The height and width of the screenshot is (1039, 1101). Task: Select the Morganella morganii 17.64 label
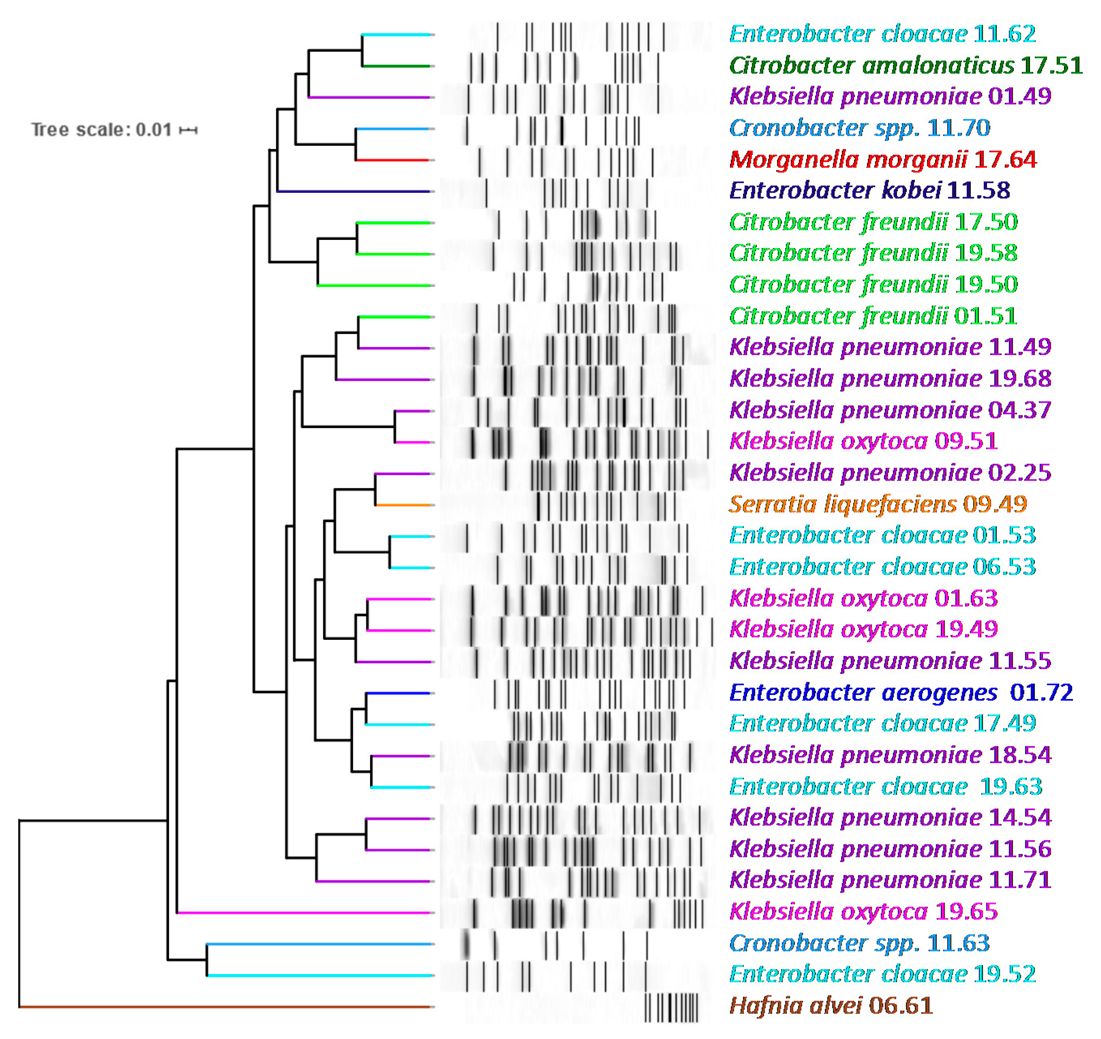click(882, 160)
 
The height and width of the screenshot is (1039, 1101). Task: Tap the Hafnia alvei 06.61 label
click(831, 1006)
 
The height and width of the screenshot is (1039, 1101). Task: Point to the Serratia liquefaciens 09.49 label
click(877, 505)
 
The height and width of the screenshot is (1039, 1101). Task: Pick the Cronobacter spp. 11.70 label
click(859, 128)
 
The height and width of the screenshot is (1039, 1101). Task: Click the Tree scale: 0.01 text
click(101, 130)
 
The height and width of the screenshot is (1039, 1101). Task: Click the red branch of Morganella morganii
click(392, 160)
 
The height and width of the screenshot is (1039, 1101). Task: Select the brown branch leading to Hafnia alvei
click(222, 1006)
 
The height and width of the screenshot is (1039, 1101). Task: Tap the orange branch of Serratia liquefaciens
click(403, 505)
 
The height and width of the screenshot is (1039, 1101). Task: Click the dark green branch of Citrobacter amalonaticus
click(396, 66)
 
